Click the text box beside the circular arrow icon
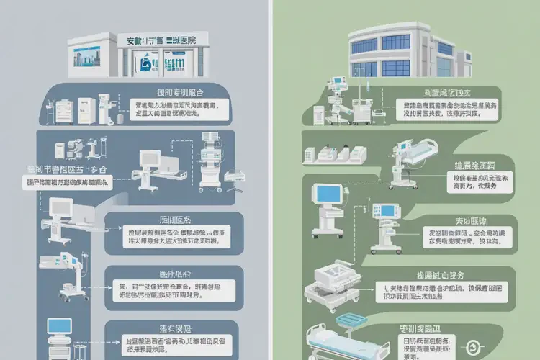428,346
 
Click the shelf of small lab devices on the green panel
335,154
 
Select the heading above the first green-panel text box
441,91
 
